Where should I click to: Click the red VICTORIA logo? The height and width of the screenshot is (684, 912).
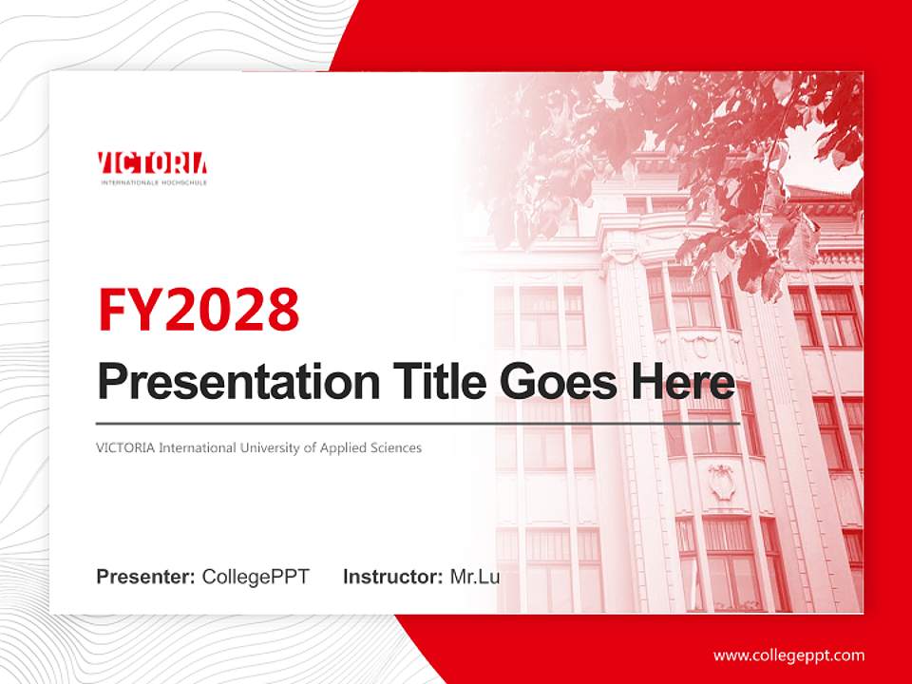[152, 164]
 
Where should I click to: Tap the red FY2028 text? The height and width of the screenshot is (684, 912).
[199, 310]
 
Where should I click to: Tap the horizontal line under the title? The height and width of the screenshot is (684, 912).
[418, 424]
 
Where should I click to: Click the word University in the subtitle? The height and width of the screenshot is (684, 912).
[267, 447]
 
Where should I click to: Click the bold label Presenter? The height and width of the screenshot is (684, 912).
[146, 577]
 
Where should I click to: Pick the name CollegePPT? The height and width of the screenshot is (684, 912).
[256, 577]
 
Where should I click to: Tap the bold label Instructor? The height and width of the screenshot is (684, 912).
[392, 577]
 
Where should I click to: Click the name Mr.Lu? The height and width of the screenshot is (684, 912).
[474, 577]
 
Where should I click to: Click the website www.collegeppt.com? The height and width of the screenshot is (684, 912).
[788, 655]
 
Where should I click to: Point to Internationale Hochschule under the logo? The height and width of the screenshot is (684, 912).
[153, 180]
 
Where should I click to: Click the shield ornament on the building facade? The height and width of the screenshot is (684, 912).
[722, 482]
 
